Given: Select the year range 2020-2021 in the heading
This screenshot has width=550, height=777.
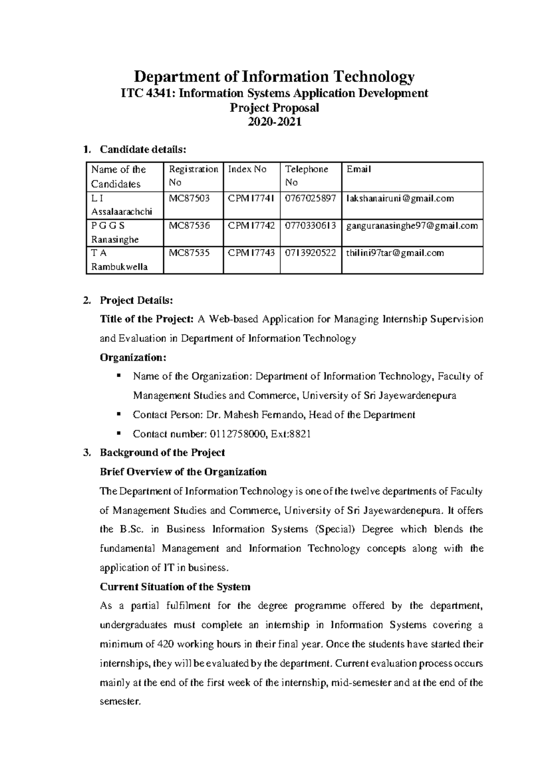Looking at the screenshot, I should [x=274, y=122].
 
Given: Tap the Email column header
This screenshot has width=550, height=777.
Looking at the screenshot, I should [x=358, y=170].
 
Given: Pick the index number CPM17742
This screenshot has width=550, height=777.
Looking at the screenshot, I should [x=251, y=225].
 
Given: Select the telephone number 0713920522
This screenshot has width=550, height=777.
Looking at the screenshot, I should [x=310, y=253].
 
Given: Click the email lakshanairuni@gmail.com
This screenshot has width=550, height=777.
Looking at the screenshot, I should [x=400, y=198].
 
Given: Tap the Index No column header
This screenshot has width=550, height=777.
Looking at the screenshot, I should [x=247, y=170].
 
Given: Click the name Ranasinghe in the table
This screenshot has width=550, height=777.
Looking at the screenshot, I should [x=115, y=240].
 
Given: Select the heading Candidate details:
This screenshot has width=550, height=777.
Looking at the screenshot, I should [x=143, y=149].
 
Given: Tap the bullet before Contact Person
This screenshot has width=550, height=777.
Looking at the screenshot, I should [x=119, y=414].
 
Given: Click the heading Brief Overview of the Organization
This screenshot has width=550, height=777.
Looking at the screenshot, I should [x=183, y=472].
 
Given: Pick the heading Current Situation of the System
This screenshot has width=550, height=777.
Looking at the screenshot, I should [x=175, y=587].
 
